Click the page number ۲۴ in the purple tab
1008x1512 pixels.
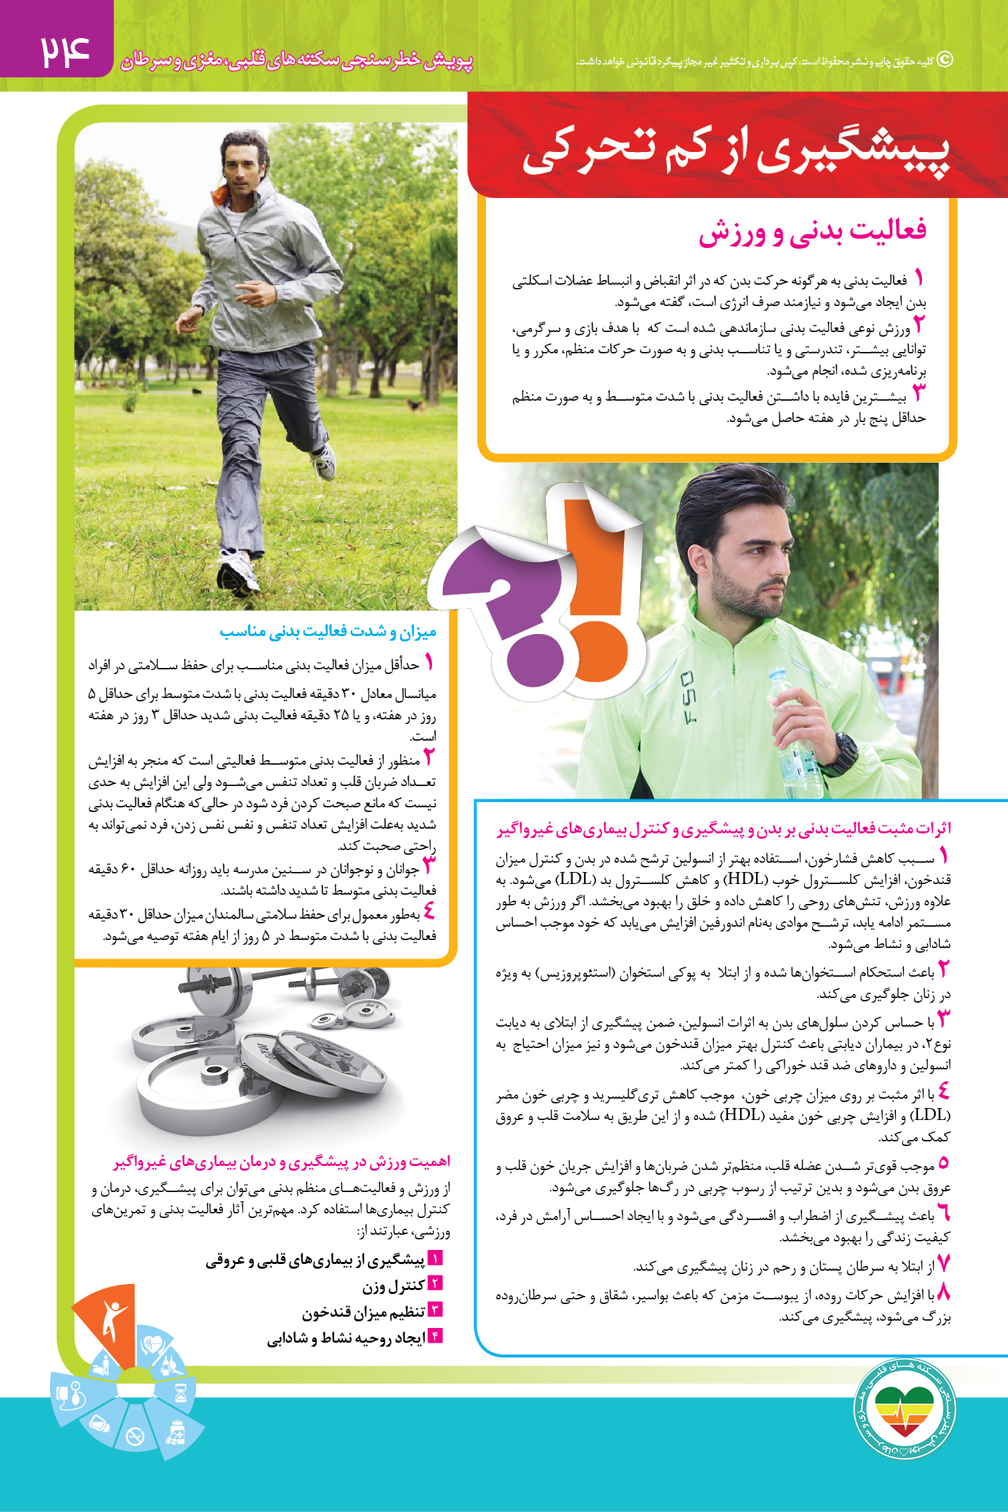pyautogui.click(x=65, y=52)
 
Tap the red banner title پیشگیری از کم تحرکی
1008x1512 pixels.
pyautogui.click(x=735, y=153)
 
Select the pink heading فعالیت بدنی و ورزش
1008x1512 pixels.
pyautogui.click(x=812, y=231)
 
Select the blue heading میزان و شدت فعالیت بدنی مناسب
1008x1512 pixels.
pyautogui.click(x=328, y=631)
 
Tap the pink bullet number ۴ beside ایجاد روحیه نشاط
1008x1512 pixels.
pyautogui.click(x=435, y=1336)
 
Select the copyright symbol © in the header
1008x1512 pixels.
pyautogui.click(x=945, y=60)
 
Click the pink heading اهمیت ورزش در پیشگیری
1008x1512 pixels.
pyautogui.click(x=282, y=1161)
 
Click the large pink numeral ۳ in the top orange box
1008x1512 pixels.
pyautogui.click(x=919, y=393)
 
